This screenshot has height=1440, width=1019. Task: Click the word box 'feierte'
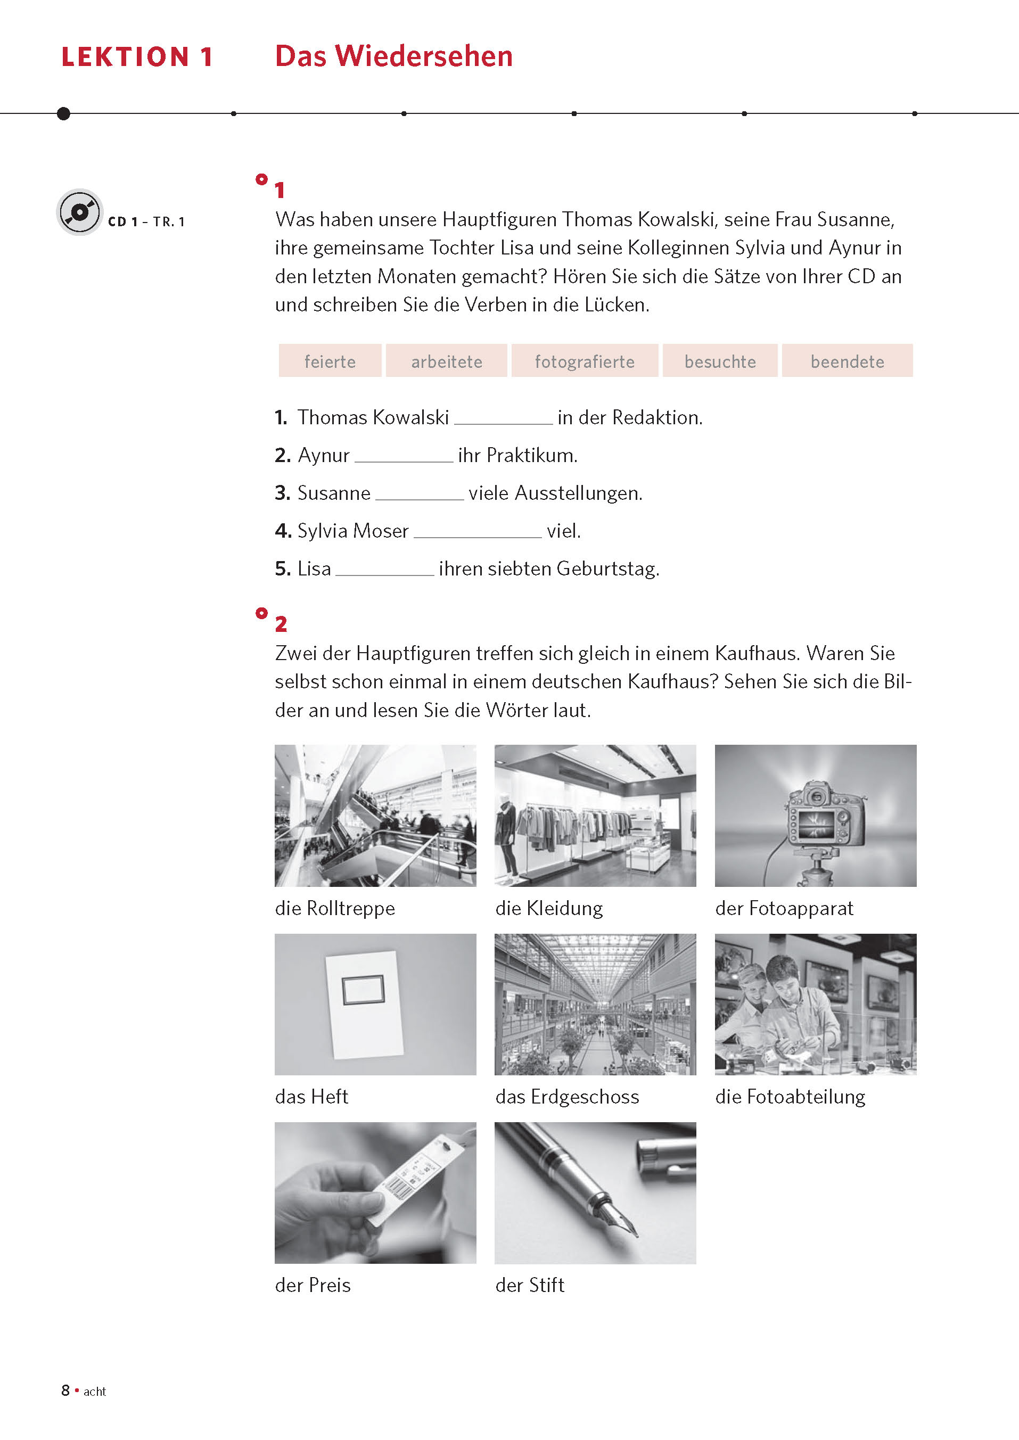point(330,361)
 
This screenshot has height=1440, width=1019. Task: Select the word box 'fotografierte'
point(584,361)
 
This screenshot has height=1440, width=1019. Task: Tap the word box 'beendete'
point(847,361)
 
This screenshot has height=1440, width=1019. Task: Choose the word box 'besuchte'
point(720,361)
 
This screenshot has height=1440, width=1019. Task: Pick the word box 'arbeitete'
point(446,361)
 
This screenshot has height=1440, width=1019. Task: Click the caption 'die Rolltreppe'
point(335,909)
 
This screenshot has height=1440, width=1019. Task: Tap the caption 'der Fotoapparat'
point(784,909)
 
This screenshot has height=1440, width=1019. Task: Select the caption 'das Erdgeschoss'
point(566,1097)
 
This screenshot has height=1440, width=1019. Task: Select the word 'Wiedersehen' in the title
point(424,56)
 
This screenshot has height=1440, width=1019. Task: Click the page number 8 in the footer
point(65,1390)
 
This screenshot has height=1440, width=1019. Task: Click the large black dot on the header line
point(63,113)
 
